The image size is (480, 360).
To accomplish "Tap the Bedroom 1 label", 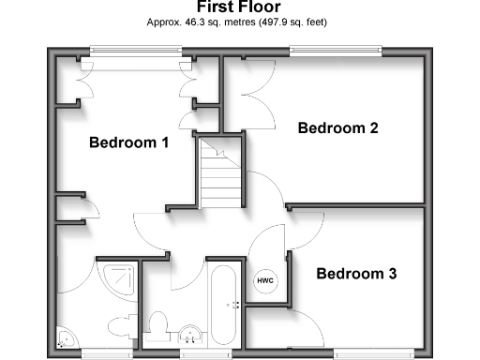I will pyautogui.click(x=128, y=143).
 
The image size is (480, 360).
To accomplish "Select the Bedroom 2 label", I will pyautogui.click(x=337, y=128).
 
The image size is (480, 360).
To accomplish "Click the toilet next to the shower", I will pyautogui.click(x=119, y=327).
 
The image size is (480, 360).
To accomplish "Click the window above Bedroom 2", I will pyautogui.click(x=336, y=52).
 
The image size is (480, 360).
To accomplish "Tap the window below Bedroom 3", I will pyautogui.click(x=373, y=352).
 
